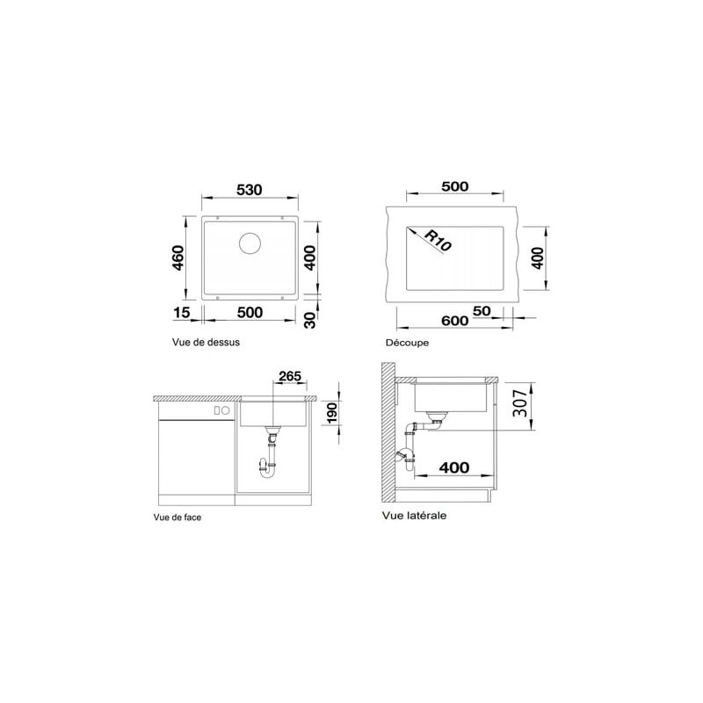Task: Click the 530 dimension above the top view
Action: tap(250, 190)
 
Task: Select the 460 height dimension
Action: tap(178, 257)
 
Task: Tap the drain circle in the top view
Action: tap(250, 243)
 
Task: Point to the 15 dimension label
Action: tap(182, 312)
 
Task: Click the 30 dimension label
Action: tap(310, 320)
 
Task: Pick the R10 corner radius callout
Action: tap(438, 241)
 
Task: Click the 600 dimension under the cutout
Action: tap(454, 321)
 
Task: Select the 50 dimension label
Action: tap(482, 311)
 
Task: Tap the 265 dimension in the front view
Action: tap(290, 376)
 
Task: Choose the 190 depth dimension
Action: tap(331, 413)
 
